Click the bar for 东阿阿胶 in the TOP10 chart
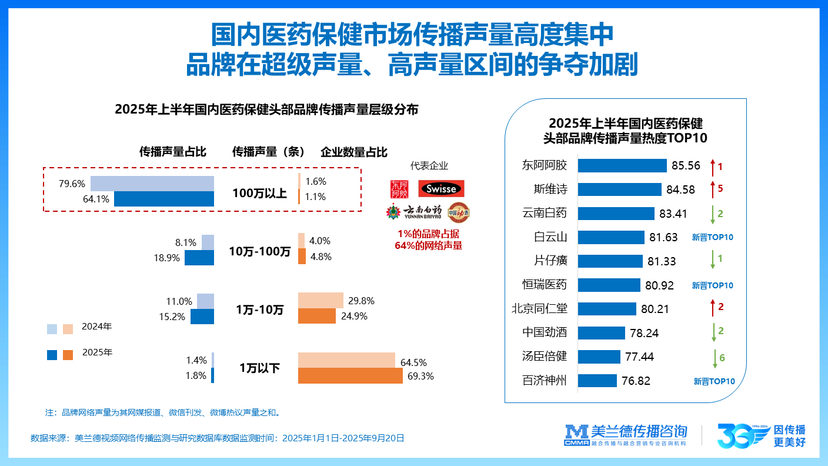(622, 165)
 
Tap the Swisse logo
(441, 189)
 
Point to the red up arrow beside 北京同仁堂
(712, 308)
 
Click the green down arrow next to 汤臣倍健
(715, 357)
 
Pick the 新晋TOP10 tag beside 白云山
(712, 238)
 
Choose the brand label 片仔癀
(545, 261)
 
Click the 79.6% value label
(72, 184)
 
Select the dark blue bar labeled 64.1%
(164, 199)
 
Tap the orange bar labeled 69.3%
(350, 375)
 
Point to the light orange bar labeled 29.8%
(320, 301)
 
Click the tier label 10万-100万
(259, 252)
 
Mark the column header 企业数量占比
(354, 152)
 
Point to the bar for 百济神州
(597, 381)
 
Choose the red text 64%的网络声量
(428, 245)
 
